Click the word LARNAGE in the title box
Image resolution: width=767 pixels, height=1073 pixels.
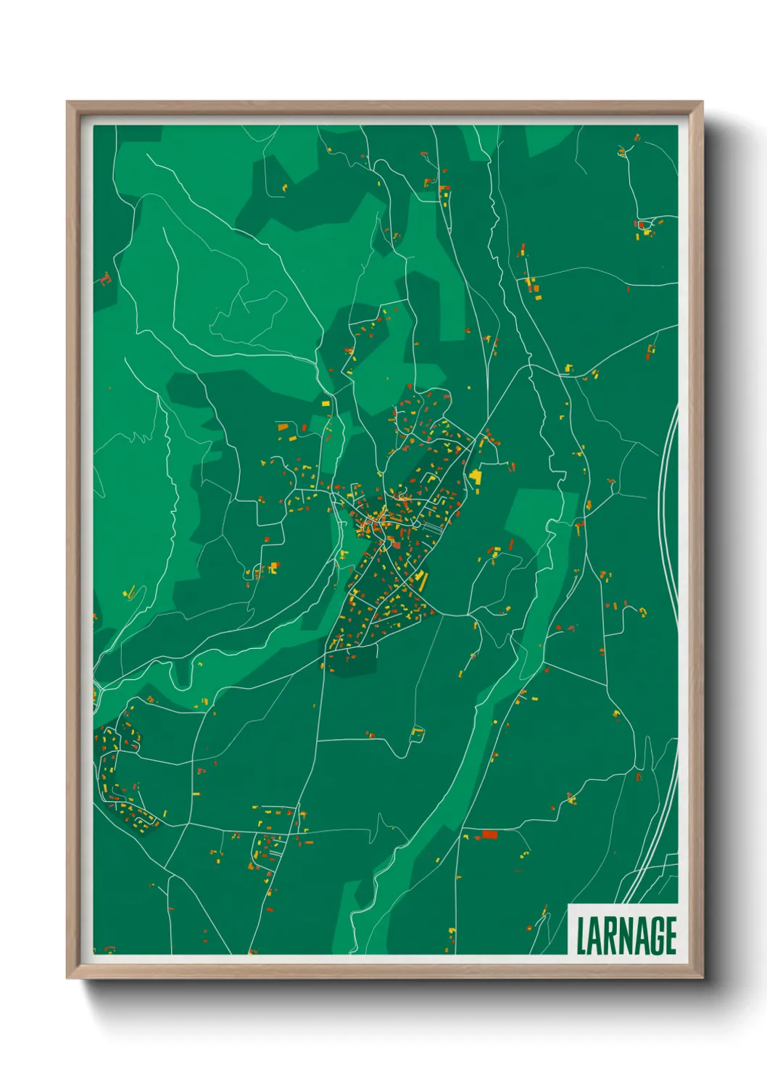626,935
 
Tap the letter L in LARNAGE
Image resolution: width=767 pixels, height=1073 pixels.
581,935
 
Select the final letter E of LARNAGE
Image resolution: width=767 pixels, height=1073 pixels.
671,935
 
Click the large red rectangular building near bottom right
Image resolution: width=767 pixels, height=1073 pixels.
490,834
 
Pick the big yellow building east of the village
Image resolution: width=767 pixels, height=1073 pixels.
476,476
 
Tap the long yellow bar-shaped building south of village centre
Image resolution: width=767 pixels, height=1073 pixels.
421,579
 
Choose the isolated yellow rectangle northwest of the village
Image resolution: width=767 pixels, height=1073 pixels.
326,402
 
